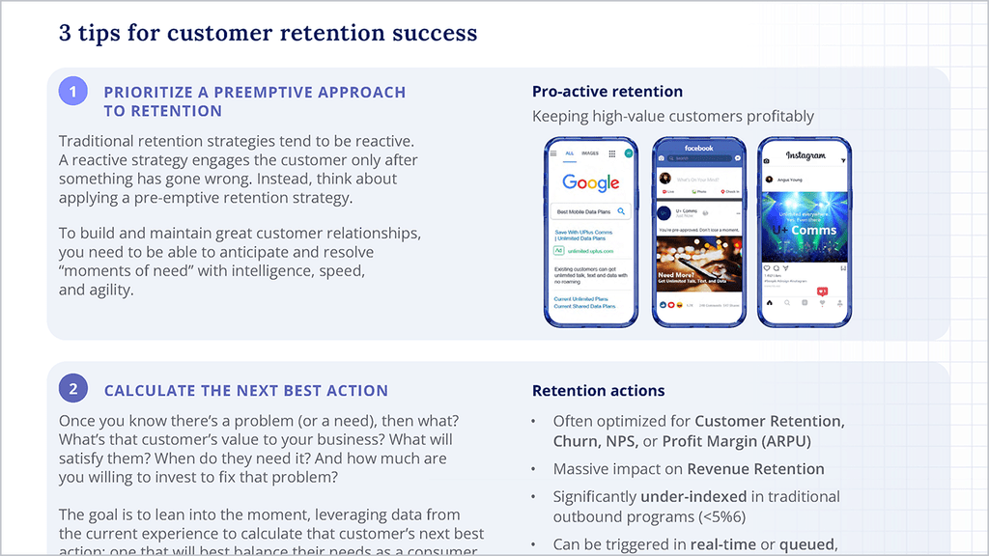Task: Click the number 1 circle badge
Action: (73, 92)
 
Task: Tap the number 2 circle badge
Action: (73, 390)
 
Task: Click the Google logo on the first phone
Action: (591, 182)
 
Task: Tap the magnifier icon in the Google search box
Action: (622, 210)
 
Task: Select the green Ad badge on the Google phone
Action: (559, 251)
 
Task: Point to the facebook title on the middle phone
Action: (698, 149)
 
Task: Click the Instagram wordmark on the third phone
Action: (805, 155)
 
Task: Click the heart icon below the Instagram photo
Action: (768, 267)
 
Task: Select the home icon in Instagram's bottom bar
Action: (770, 302)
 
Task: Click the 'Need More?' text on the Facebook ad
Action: (673, 275)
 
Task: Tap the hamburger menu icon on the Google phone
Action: (553, 153)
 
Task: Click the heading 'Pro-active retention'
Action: (608, 92)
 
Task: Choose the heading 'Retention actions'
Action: (598, 391)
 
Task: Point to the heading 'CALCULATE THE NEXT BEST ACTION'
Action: (246, 391)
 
